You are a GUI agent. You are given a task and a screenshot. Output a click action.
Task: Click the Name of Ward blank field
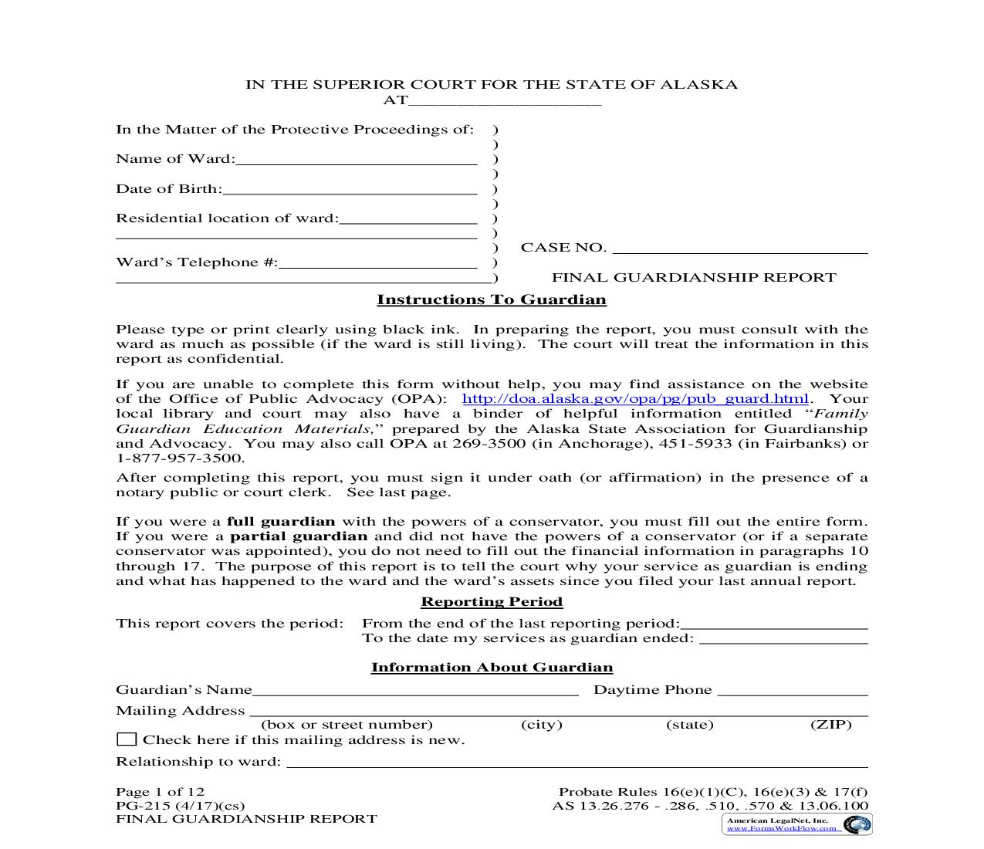tap(356, 161)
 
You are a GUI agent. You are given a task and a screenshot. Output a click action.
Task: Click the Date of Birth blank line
tap(349, 191)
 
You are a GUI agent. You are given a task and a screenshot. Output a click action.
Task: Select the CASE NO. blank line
tap(740, 249)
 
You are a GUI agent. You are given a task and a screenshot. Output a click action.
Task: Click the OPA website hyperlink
tap(635, 399)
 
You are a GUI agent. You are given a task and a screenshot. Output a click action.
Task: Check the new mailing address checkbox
tap(127, 739)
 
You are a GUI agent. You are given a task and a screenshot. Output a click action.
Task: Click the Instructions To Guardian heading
tap(492, 299)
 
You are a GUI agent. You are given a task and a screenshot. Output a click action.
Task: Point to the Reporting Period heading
tap(492, 601)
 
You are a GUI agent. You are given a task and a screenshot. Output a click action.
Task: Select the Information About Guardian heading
tap(492, 668)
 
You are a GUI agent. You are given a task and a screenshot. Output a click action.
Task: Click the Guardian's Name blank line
tap(415, 692)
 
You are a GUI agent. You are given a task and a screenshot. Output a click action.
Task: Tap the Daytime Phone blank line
tap(793, 692)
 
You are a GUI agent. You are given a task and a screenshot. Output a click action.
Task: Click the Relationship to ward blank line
tap(577, 763)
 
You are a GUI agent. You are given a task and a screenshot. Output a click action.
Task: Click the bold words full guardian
tap(281, 522)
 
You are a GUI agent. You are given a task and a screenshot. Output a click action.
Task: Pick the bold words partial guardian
tap(299, 536)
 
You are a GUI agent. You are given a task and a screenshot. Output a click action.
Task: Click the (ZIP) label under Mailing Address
tap(830, 725)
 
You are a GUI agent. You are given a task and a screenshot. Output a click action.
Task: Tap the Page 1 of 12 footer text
tap(160, 792)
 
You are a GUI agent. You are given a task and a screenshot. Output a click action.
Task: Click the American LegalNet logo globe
tap(856, 825)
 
